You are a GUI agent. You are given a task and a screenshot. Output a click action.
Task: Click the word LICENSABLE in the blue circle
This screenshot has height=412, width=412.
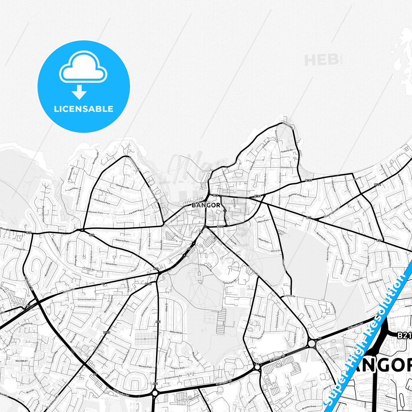coord(84,109)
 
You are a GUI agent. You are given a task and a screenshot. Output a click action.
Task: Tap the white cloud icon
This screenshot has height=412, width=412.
coord(83,68)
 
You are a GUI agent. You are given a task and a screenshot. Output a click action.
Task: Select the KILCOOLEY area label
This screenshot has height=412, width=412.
coord(22,361)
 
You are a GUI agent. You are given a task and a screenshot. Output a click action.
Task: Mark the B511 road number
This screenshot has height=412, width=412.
coord(377,185)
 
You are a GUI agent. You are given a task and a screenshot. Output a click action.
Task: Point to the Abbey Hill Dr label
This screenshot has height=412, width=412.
coord(176,332)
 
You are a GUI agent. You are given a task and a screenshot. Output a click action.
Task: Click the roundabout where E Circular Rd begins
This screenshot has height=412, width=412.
coord(312,344)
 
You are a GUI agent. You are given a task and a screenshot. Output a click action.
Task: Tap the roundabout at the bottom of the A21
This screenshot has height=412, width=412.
coord(155,393)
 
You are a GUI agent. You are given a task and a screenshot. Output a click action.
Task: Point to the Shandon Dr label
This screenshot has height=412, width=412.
coord(287,167)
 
